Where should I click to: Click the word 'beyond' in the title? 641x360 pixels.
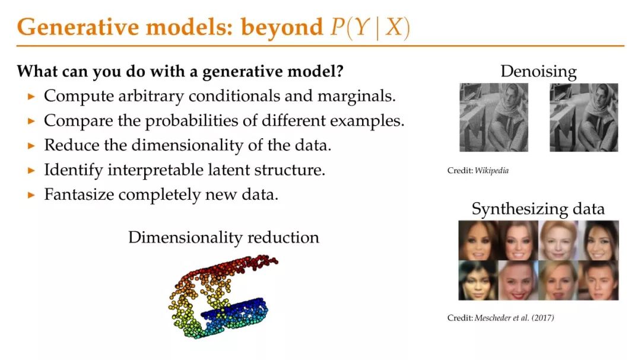pos(282,28)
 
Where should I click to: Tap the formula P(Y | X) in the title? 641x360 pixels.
pos(370,28)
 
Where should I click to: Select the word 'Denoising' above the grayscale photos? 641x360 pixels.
pos(538,72)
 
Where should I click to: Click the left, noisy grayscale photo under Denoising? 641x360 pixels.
pos(493,117)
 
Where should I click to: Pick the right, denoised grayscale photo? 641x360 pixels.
pos(584,117)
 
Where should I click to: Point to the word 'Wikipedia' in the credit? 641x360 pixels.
pos(491,170)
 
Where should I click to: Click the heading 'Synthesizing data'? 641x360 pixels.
pos(538,209)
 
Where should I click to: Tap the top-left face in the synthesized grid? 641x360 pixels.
pos(478,240)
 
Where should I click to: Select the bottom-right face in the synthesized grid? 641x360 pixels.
pos(599,281)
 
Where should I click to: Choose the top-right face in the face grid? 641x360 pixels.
pos(599,240)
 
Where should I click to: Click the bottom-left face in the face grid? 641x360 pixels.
pos(478,281)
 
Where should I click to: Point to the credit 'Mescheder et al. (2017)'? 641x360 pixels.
pos(514,317)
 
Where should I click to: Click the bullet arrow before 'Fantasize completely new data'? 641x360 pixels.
pos(31,195)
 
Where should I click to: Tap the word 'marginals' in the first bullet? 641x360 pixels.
pos(357,96)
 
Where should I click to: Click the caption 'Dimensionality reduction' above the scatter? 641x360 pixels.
pos(224,237)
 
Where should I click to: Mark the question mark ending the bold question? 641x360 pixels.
pos(339,71)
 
